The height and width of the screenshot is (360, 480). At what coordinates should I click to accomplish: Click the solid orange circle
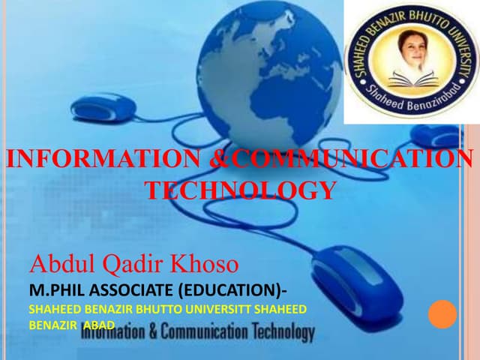pyautogui.click(x=442, y=314)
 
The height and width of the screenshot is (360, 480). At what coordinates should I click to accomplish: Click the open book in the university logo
pyautogui.click(x=411, y=78)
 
